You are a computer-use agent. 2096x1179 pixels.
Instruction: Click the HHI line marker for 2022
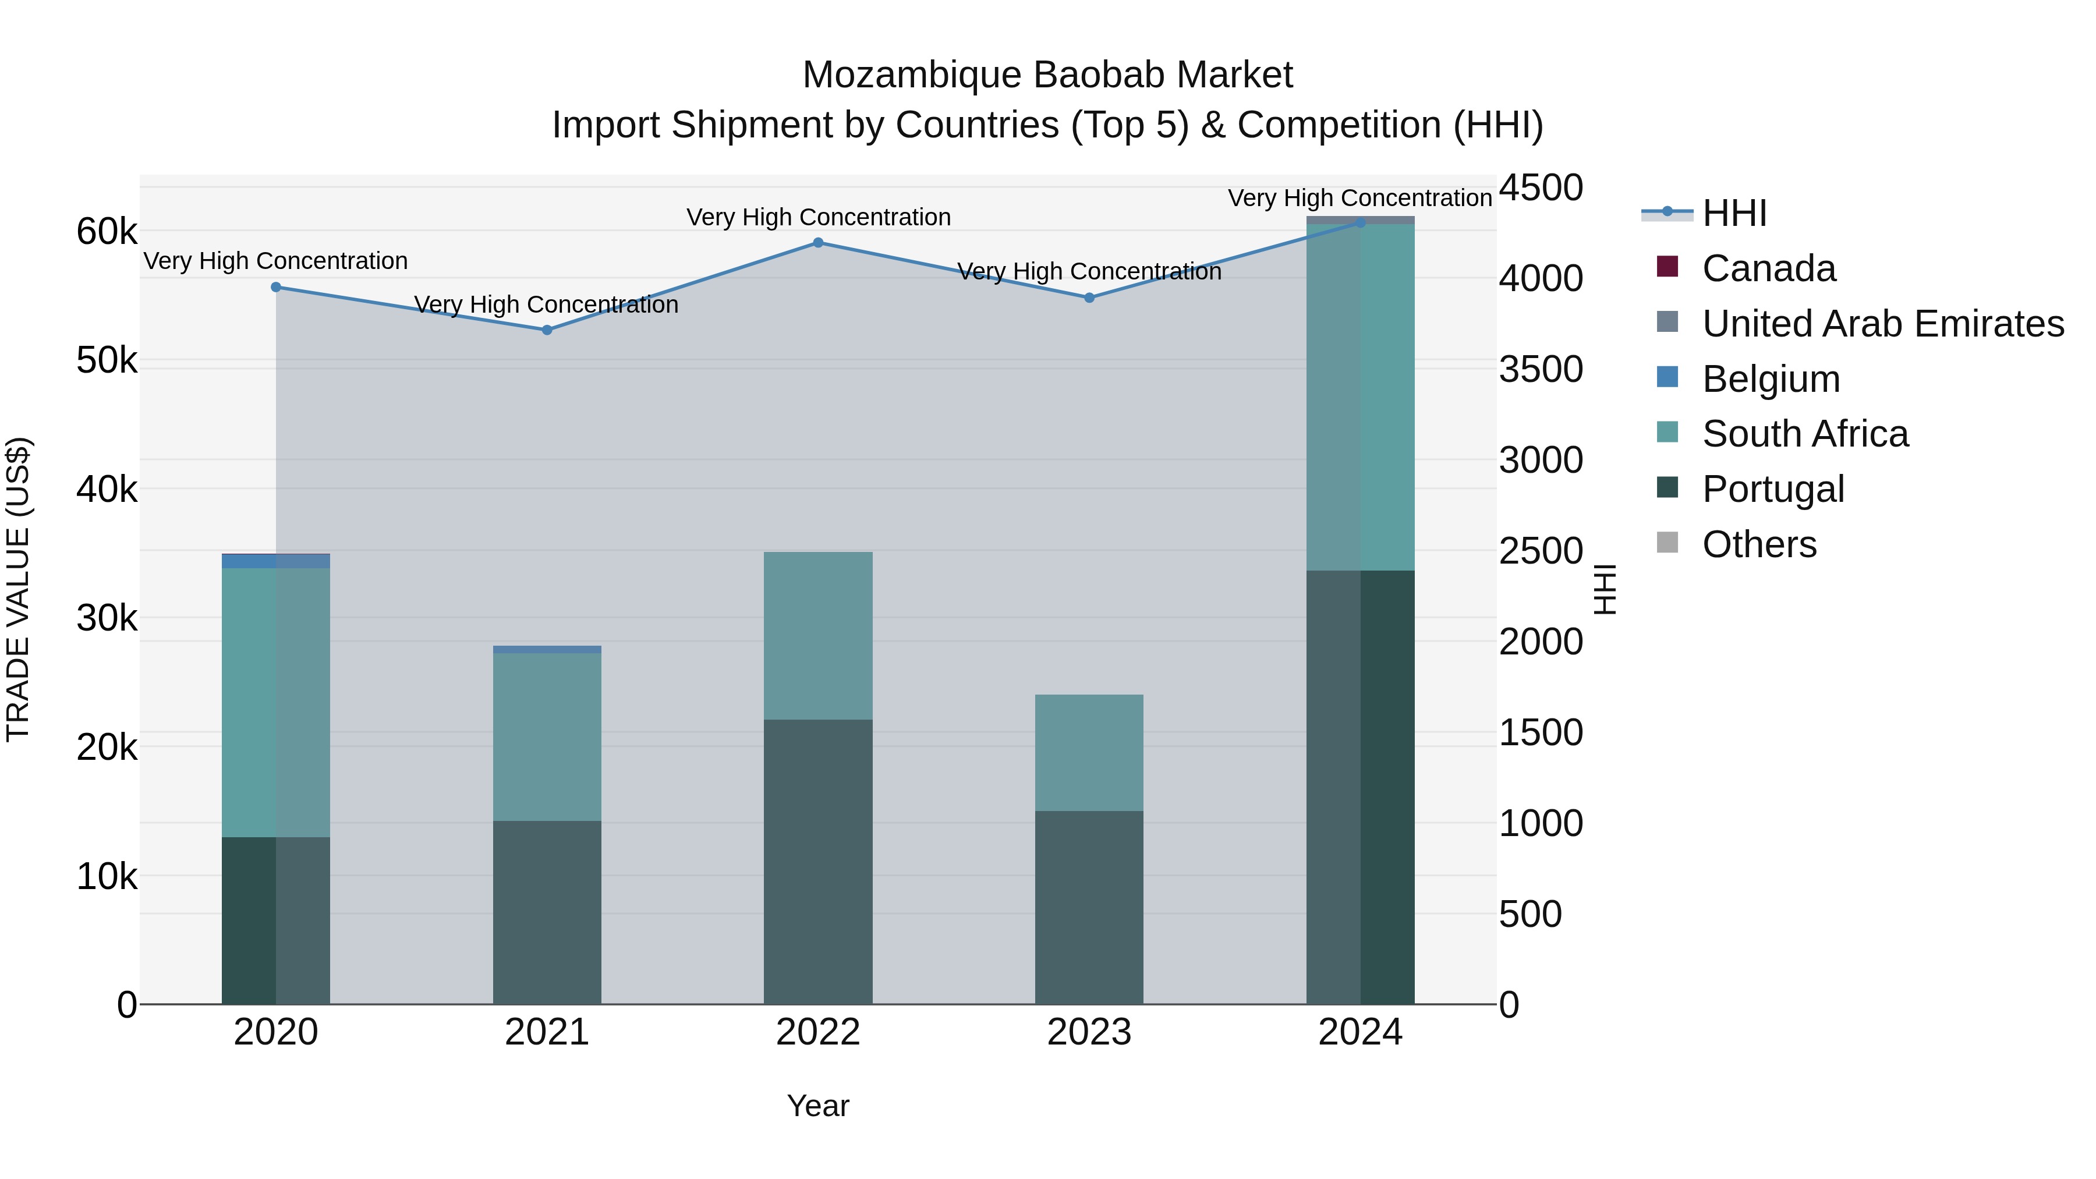tap(818, 242)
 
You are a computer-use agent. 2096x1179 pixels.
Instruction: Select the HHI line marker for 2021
tap(547, 330)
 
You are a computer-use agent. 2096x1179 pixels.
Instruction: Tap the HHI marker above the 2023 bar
tap(1089, 298)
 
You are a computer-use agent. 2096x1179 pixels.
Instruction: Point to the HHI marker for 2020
tap(276, 287)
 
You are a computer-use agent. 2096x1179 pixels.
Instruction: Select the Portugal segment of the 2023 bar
tap(1089, 907)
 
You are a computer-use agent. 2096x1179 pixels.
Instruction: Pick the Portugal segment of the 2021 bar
tap(547, 912)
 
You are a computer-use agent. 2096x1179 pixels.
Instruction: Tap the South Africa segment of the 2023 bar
tap(1089, 753)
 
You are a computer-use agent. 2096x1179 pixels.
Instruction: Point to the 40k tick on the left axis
tap(107, 490)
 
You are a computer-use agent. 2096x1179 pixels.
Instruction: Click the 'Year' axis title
tap(818, 1106)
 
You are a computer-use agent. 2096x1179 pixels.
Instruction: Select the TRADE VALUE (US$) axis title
tap(18, 589)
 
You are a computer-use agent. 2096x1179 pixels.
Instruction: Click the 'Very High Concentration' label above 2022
tap(818, 217)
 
